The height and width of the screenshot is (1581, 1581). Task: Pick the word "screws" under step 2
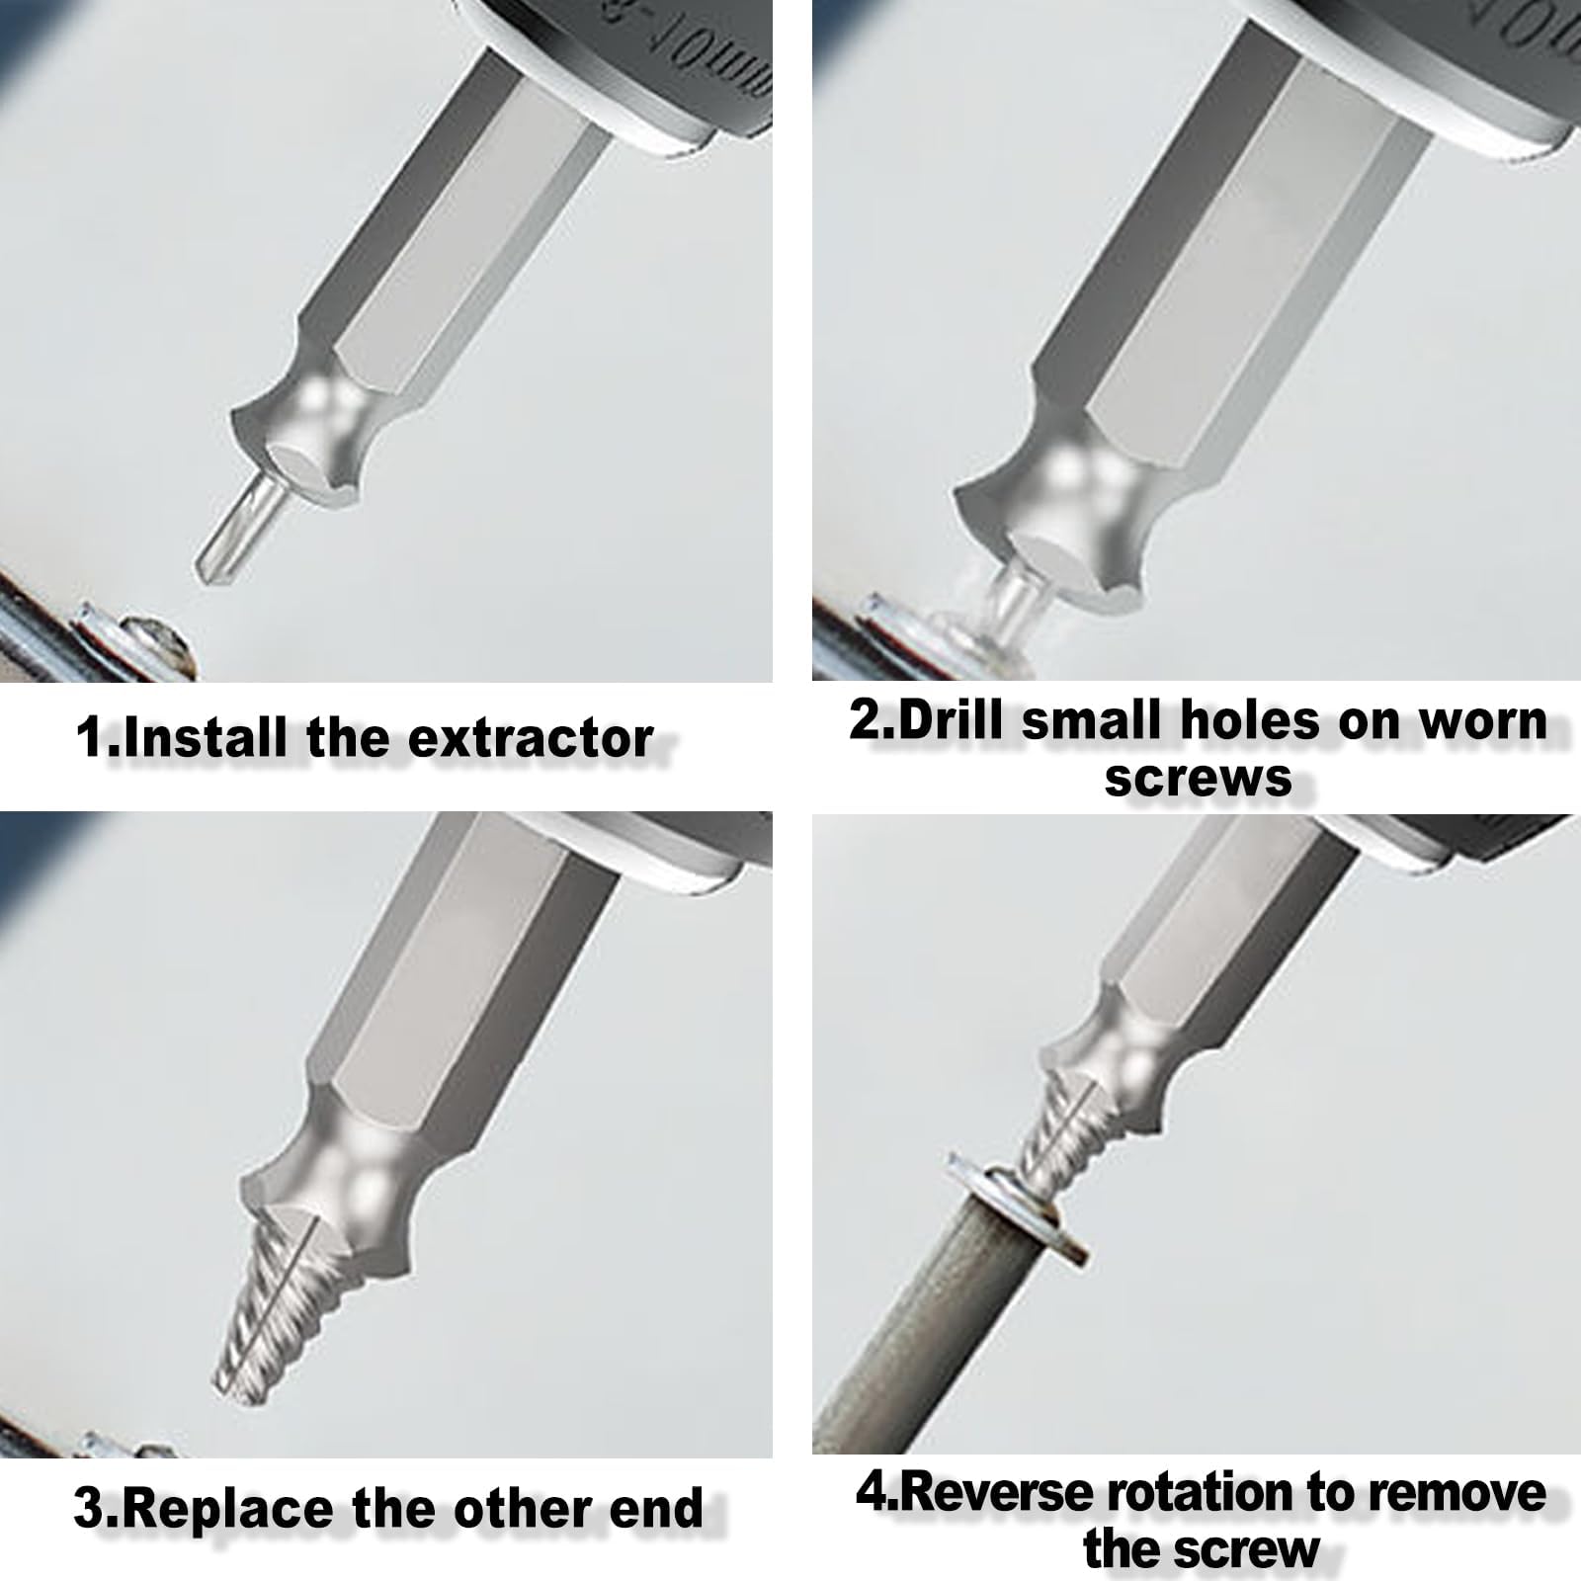[x=1198, y=779]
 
